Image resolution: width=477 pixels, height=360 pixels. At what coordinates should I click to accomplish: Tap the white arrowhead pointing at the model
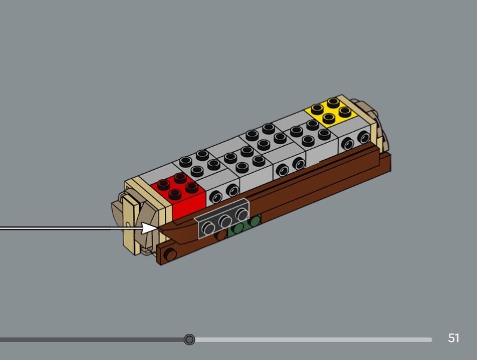(x=150, y=228)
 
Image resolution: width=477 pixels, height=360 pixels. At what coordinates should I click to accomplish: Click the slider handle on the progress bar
(x=189, y=339)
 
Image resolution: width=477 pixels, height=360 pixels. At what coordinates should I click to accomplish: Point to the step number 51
(x=453, y=338)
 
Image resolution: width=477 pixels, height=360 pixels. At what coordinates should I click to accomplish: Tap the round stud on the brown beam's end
(x=170, y=254)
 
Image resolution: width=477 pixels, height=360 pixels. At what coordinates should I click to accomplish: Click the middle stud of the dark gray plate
(x=225, y=221)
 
